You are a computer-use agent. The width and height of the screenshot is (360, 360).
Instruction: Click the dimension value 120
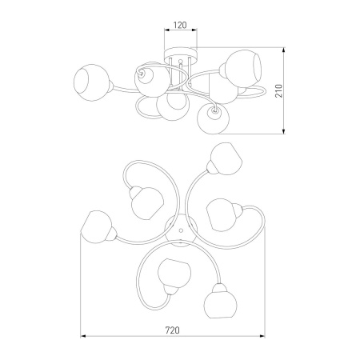[180, 25]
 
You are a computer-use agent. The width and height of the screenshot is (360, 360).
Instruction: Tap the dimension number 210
[278, 91]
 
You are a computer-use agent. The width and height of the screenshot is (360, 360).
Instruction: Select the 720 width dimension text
[173, 330]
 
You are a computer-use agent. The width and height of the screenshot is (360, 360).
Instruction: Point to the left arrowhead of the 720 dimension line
[83, 336]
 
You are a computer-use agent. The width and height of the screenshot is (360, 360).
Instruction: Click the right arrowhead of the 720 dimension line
[262, 336]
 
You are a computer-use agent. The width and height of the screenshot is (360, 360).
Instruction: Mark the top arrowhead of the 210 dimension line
[284, 50]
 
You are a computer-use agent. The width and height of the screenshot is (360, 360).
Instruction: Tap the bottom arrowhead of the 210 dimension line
[284, 131]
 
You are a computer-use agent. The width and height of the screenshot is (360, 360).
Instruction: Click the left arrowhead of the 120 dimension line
[166, 30]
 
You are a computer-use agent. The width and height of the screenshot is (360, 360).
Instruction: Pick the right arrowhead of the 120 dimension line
[194, 30]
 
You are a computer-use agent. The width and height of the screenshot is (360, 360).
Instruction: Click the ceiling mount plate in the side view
[181, 53]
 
